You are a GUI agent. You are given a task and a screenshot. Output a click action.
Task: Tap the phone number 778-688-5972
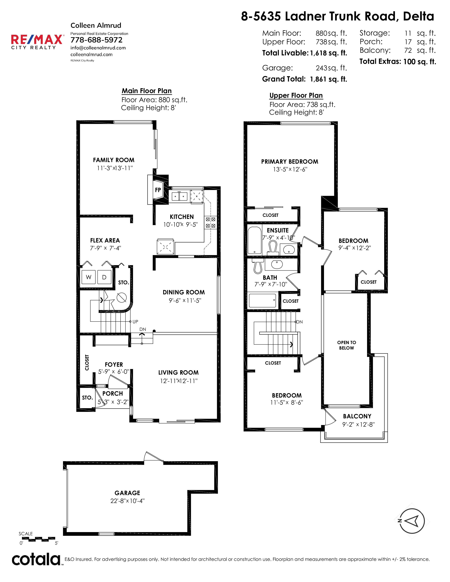tap(97, 40)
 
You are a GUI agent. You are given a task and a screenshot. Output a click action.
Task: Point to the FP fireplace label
tap(158, 190)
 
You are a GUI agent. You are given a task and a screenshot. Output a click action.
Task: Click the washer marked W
tap(89, 277)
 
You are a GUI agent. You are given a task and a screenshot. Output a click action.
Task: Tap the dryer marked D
tap(104, 277)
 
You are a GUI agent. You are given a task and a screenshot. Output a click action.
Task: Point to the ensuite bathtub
tap(255, 240)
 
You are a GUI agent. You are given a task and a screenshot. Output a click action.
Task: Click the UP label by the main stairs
tap(135, 322)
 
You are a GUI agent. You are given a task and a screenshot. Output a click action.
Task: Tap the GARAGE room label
tap(127, 493)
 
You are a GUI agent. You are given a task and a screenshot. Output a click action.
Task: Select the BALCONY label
tap(357, 416)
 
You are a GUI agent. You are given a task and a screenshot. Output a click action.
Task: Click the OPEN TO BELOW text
tap(347, 345)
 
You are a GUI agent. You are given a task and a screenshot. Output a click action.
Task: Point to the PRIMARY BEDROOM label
tap(290, 162)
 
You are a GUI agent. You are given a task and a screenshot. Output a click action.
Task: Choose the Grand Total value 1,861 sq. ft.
tap(328, 79)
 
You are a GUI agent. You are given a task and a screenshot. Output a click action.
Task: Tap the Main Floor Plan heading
tap(147, 91)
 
